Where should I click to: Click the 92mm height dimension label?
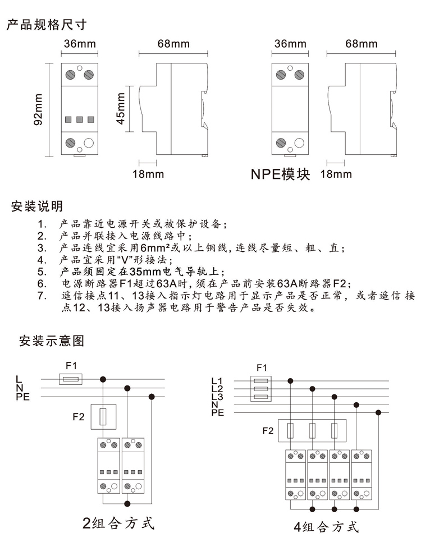click(x=38, y=109)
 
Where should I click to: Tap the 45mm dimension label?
click(x=121, y=108)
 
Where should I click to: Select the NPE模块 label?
click(x=280, y=174)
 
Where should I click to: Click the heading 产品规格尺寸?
click(x=47, y=25)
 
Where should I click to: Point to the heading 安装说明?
click(x=36, y=206)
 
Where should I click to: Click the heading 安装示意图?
click(x=52, y=341)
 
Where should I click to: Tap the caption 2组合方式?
click(x=118, y=523)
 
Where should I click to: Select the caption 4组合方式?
click(x=326, y=526)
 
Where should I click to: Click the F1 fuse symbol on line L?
click(x=71, y=379)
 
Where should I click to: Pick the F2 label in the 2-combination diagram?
click(x=79, y=416)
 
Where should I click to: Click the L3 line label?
click(x=217, y=397)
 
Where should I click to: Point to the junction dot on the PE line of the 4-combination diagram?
click(x=378, y=413)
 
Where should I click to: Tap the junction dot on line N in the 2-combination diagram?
click(x=127, y=388)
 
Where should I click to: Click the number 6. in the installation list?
click(x=42, y=283)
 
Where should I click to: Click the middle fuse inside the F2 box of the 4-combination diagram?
click(x=313, y=430)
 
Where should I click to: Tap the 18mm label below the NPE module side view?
click(x=336, y=174)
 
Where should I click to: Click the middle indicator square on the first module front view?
click(x=80, y=119)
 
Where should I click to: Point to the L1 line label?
click(x=217, y=381)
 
